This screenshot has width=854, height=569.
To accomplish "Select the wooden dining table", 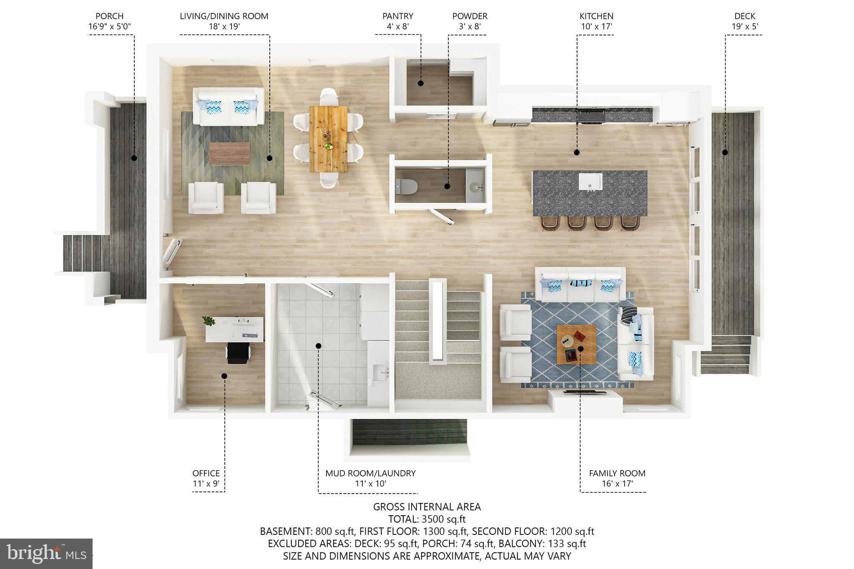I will pyautogui.click(x=328, y=139).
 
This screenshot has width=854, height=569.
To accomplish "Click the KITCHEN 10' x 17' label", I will pyautogui.click(x=596, y=21).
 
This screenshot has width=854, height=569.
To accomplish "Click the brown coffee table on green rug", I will pyautogui.click(x=230, y=153).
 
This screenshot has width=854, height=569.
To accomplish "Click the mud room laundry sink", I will pyautogui.click(x=379, y=373).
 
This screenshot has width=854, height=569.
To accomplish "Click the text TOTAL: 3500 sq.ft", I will pyautogui.click(x=427, y=519).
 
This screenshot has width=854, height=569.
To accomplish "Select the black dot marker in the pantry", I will pyautogui.click(x=421, y=83).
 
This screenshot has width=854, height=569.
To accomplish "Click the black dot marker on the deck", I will pyautogui.click(x=725, y=153).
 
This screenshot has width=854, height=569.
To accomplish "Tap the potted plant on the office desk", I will pyautogui.click(x=208, y=321).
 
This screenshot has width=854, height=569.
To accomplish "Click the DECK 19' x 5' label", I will pyautogui.click(x=744, y=21).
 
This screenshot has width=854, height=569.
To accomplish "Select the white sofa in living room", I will pyautogui.click(x=228, y=107).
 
